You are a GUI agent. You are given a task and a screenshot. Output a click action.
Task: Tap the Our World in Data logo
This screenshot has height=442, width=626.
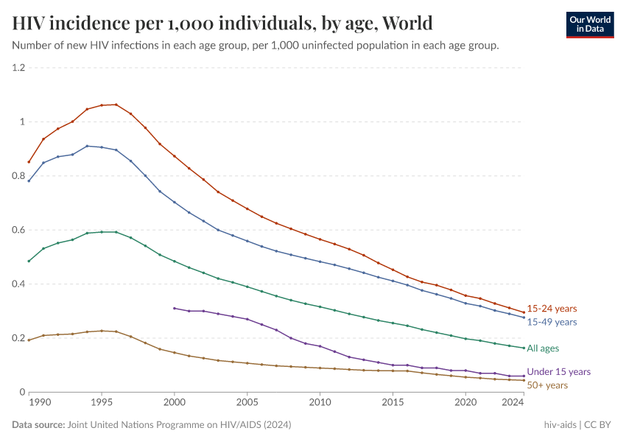click(x=589, y=24)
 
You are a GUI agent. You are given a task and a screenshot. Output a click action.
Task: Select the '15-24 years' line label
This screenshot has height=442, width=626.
click(x=552, y=309)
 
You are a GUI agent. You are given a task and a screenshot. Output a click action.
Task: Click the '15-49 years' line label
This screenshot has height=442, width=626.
click(x=552, y=322)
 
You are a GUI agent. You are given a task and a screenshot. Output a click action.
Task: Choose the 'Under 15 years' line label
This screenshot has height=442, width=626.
click(x=558, y=372)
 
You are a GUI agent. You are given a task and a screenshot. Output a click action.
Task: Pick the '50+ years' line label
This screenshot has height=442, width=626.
click(x=547, y=385)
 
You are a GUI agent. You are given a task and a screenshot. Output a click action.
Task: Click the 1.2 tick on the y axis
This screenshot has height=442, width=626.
click(x=18, y=68)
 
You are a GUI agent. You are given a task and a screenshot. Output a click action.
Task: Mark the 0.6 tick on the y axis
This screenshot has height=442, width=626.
click(x=18, y=230)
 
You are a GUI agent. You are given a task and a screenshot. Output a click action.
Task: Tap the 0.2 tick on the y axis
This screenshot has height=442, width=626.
click(x=18, y=338)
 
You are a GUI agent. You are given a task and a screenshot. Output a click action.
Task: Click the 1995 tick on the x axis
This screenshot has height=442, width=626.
click(x=102, y=403)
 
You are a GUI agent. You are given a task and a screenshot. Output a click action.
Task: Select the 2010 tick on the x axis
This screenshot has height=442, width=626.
click(x=320, y=403)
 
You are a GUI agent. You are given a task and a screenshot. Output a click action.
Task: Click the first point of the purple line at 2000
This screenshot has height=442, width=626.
click(x=174, y=308)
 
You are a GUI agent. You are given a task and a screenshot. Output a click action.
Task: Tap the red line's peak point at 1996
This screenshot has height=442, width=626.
click(x=116, y=105)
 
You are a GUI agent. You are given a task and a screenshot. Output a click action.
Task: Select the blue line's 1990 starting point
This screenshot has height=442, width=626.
click(x=29, y=180)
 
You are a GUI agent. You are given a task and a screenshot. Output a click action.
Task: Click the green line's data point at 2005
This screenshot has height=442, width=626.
click(x=247, y=287)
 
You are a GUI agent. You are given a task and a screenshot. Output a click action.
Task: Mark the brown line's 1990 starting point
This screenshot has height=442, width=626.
click(x=29, y=340)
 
